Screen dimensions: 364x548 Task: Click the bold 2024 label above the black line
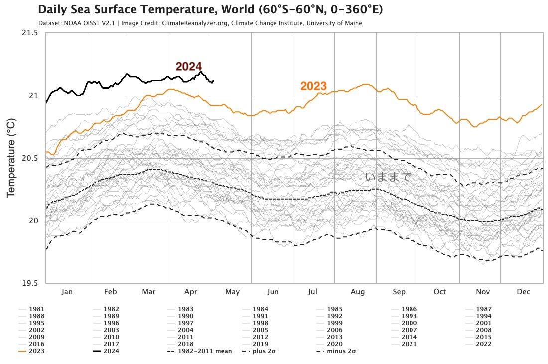click(x=188, y=67)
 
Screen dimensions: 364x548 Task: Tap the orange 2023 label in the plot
click(x=313, y=86)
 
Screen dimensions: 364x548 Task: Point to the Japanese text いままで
click(x=389, y=177)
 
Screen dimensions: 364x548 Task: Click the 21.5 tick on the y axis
click(x=29, y=33)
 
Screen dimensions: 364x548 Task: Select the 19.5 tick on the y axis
click(x=29, y=284)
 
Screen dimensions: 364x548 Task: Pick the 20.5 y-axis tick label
click(x=29, y=158)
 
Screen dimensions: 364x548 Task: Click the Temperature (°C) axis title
click(x=11, y=158)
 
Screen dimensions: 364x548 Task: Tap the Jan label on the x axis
click(x=67, y=292)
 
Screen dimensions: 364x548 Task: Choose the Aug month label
click(x=358, y=292)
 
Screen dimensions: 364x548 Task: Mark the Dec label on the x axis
click(x=523, y=292)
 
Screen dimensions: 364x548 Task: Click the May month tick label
click(x=232, y=292)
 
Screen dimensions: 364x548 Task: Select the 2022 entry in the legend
click(x=483, y=344)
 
